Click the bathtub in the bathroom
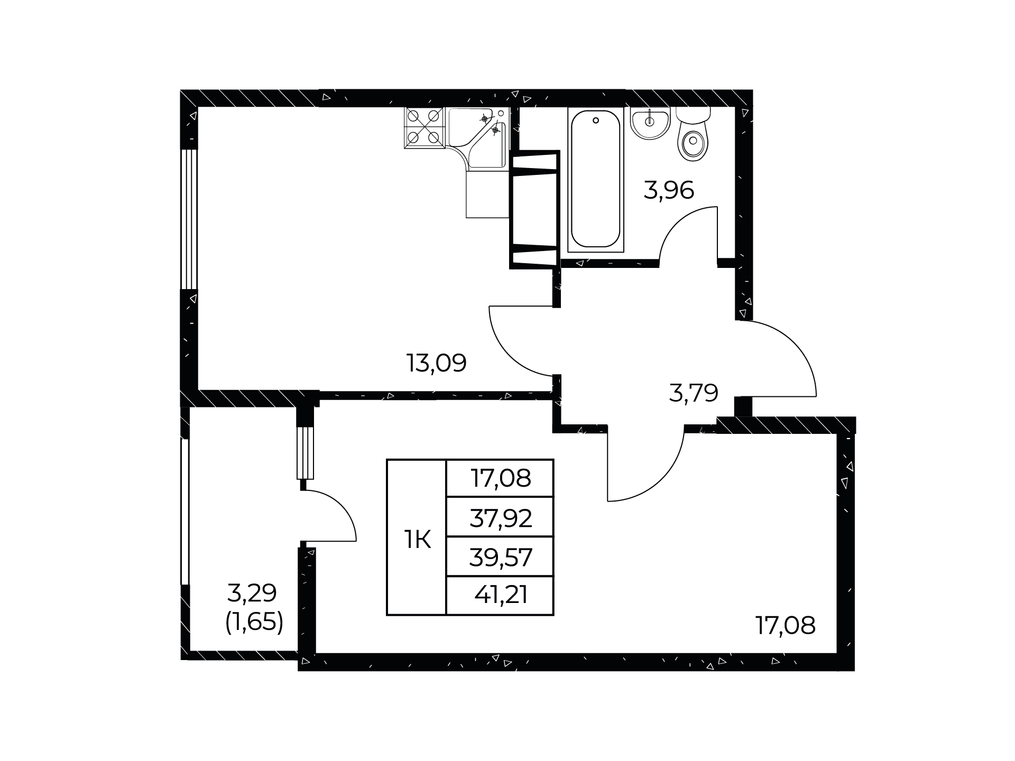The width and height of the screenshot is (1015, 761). point(596,180)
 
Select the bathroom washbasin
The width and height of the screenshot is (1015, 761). point(650,123)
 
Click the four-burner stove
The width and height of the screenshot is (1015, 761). point(425,127)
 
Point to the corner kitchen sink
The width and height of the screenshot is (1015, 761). point(478,137)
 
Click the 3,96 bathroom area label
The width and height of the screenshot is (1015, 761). point(669,190)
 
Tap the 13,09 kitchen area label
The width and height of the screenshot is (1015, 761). point(436,363)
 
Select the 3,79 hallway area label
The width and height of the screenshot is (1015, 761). point(694,393)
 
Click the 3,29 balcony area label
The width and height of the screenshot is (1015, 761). point(252,593)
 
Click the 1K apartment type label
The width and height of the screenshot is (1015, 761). point(417,541)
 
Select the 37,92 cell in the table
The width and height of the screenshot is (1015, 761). point(501,519)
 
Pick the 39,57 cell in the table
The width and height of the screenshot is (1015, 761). point(501,558)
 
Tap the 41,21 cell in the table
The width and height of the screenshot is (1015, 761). point(501,596)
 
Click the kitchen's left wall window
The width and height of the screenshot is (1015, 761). point(189,219)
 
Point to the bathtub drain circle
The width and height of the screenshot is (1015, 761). point(596,120)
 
